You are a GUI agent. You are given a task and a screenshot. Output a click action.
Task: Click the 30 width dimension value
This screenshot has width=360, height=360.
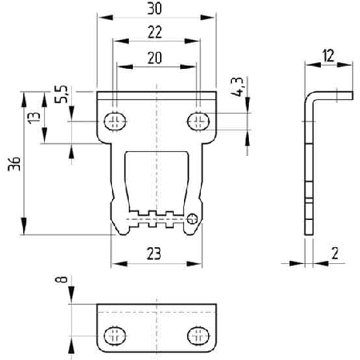click(x=154, y=9)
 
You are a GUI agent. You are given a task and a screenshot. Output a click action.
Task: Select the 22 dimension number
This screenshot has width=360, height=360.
click(x=155, y=33)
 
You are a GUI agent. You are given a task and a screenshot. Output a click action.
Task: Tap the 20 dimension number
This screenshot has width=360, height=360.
click(x=154, y=58)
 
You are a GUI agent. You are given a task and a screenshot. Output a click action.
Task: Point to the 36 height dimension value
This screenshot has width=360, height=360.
click(x=14, y=164)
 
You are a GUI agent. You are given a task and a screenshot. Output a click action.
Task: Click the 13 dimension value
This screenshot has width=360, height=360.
click(x=34, y=118)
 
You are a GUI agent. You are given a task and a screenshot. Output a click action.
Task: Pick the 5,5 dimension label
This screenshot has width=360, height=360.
click(x=61, y=94)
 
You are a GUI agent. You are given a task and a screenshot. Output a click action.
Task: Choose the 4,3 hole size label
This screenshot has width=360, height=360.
click(x=237, y=86)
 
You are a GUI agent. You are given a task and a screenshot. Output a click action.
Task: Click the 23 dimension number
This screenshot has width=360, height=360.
click(x=154, y=254)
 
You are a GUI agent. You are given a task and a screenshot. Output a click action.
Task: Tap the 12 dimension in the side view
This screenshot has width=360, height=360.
click(x=328, y=56)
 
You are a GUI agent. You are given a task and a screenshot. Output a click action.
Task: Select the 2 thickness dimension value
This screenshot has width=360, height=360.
click(x=335, y=254)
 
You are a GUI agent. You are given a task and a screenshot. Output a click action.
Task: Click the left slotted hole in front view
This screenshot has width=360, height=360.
click(x=115, y=122)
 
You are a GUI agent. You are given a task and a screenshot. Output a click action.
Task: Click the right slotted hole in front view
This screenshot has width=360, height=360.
click(x=198, y=122)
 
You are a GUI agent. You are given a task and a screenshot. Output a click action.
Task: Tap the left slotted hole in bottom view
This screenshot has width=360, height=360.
click(x=115, y=335)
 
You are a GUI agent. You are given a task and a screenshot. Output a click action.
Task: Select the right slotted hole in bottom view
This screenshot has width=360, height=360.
click(x=198, y=335)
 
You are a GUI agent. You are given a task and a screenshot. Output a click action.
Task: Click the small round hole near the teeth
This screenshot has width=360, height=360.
click(x=192, y=219)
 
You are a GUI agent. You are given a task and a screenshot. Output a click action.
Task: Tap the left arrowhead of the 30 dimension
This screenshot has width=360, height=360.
click(x=106, y=18)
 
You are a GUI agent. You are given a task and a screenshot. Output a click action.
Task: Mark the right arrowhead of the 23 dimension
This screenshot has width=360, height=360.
click(x=194, y=264)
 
